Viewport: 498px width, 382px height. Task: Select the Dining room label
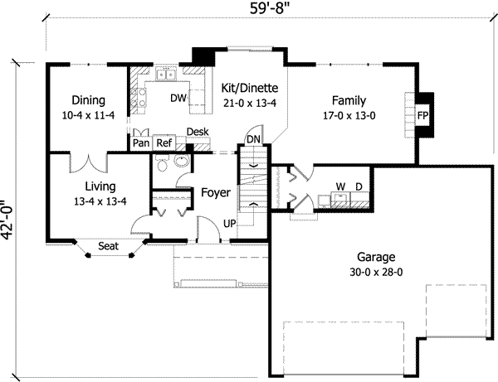click(x=87, y=100)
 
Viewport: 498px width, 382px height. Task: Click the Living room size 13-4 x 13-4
click(x=98, y=201)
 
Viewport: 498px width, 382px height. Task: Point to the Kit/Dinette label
click(x=249, y=88)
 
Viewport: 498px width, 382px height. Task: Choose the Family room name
click(x=349, y=101)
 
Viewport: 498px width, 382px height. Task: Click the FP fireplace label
click(x=423, y=115)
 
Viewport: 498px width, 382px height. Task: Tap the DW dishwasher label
click(x=178, y=98)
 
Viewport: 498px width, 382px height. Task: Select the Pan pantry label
click(x=140, y=143)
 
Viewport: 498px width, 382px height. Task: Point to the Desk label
click(x=197, y=132)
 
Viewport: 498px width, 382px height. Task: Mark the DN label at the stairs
click(x=254, y=139)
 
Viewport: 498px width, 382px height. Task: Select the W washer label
click(x=339, y=186)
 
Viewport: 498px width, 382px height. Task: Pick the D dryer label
click(x=359, y=186)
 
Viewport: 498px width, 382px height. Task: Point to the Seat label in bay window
click(x=107, y=246)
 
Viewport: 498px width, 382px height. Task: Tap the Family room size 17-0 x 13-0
click(x=349, y=116)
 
